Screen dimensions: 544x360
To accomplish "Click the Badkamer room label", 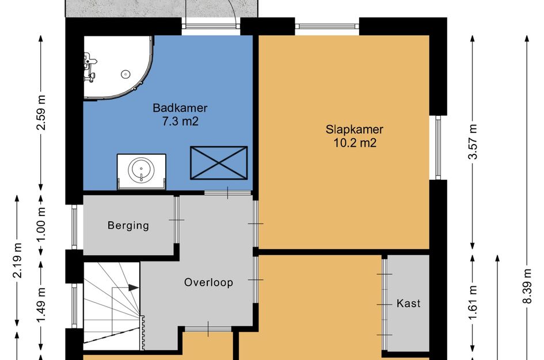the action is tap(180, 108).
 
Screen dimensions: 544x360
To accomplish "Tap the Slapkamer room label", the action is tap(354, 130).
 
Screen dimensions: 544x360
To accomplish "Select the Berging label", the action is tap(128, 226).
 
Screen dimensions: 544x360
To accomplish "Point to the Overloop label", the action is tap(208, 282).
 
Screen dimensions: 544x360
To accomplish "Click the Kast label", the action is tap(408, 304).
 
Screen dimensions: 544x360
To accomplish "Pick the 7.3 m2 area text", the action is tap(180, 122).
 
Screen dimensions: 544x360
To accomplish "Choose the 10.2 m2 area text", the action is tap(355, 143).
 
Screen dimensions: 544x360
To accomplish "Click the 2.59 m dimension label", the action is tap(41, 112).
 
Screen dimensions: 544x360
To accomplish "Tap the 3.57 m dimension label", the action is tap(473, 142).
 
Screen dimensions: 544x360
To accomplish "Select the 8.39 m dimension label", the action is tap(527, 286).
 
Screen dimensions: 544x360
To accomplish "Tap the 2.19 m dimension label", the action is tap(17, 261).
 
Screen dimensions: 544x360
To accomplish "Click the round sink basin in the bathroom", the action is tap(141, 170).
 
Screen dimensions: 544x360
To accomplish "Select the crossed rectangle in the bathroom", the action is tap(219, 163).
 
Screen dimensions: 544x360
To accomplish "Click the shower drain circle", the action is tap(125, 74).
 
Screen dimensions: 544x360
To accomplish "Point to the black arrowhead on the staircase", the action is tap(134, 287).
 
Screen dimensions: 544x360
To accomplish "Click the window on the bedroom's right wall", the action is tap(438, 147).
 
